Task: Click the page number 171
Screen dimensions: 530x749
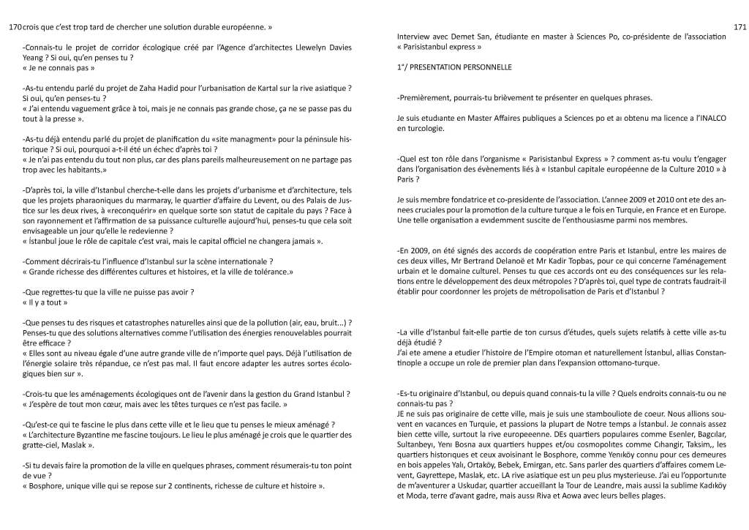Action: pyautogui.click(x=738, y=28)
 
